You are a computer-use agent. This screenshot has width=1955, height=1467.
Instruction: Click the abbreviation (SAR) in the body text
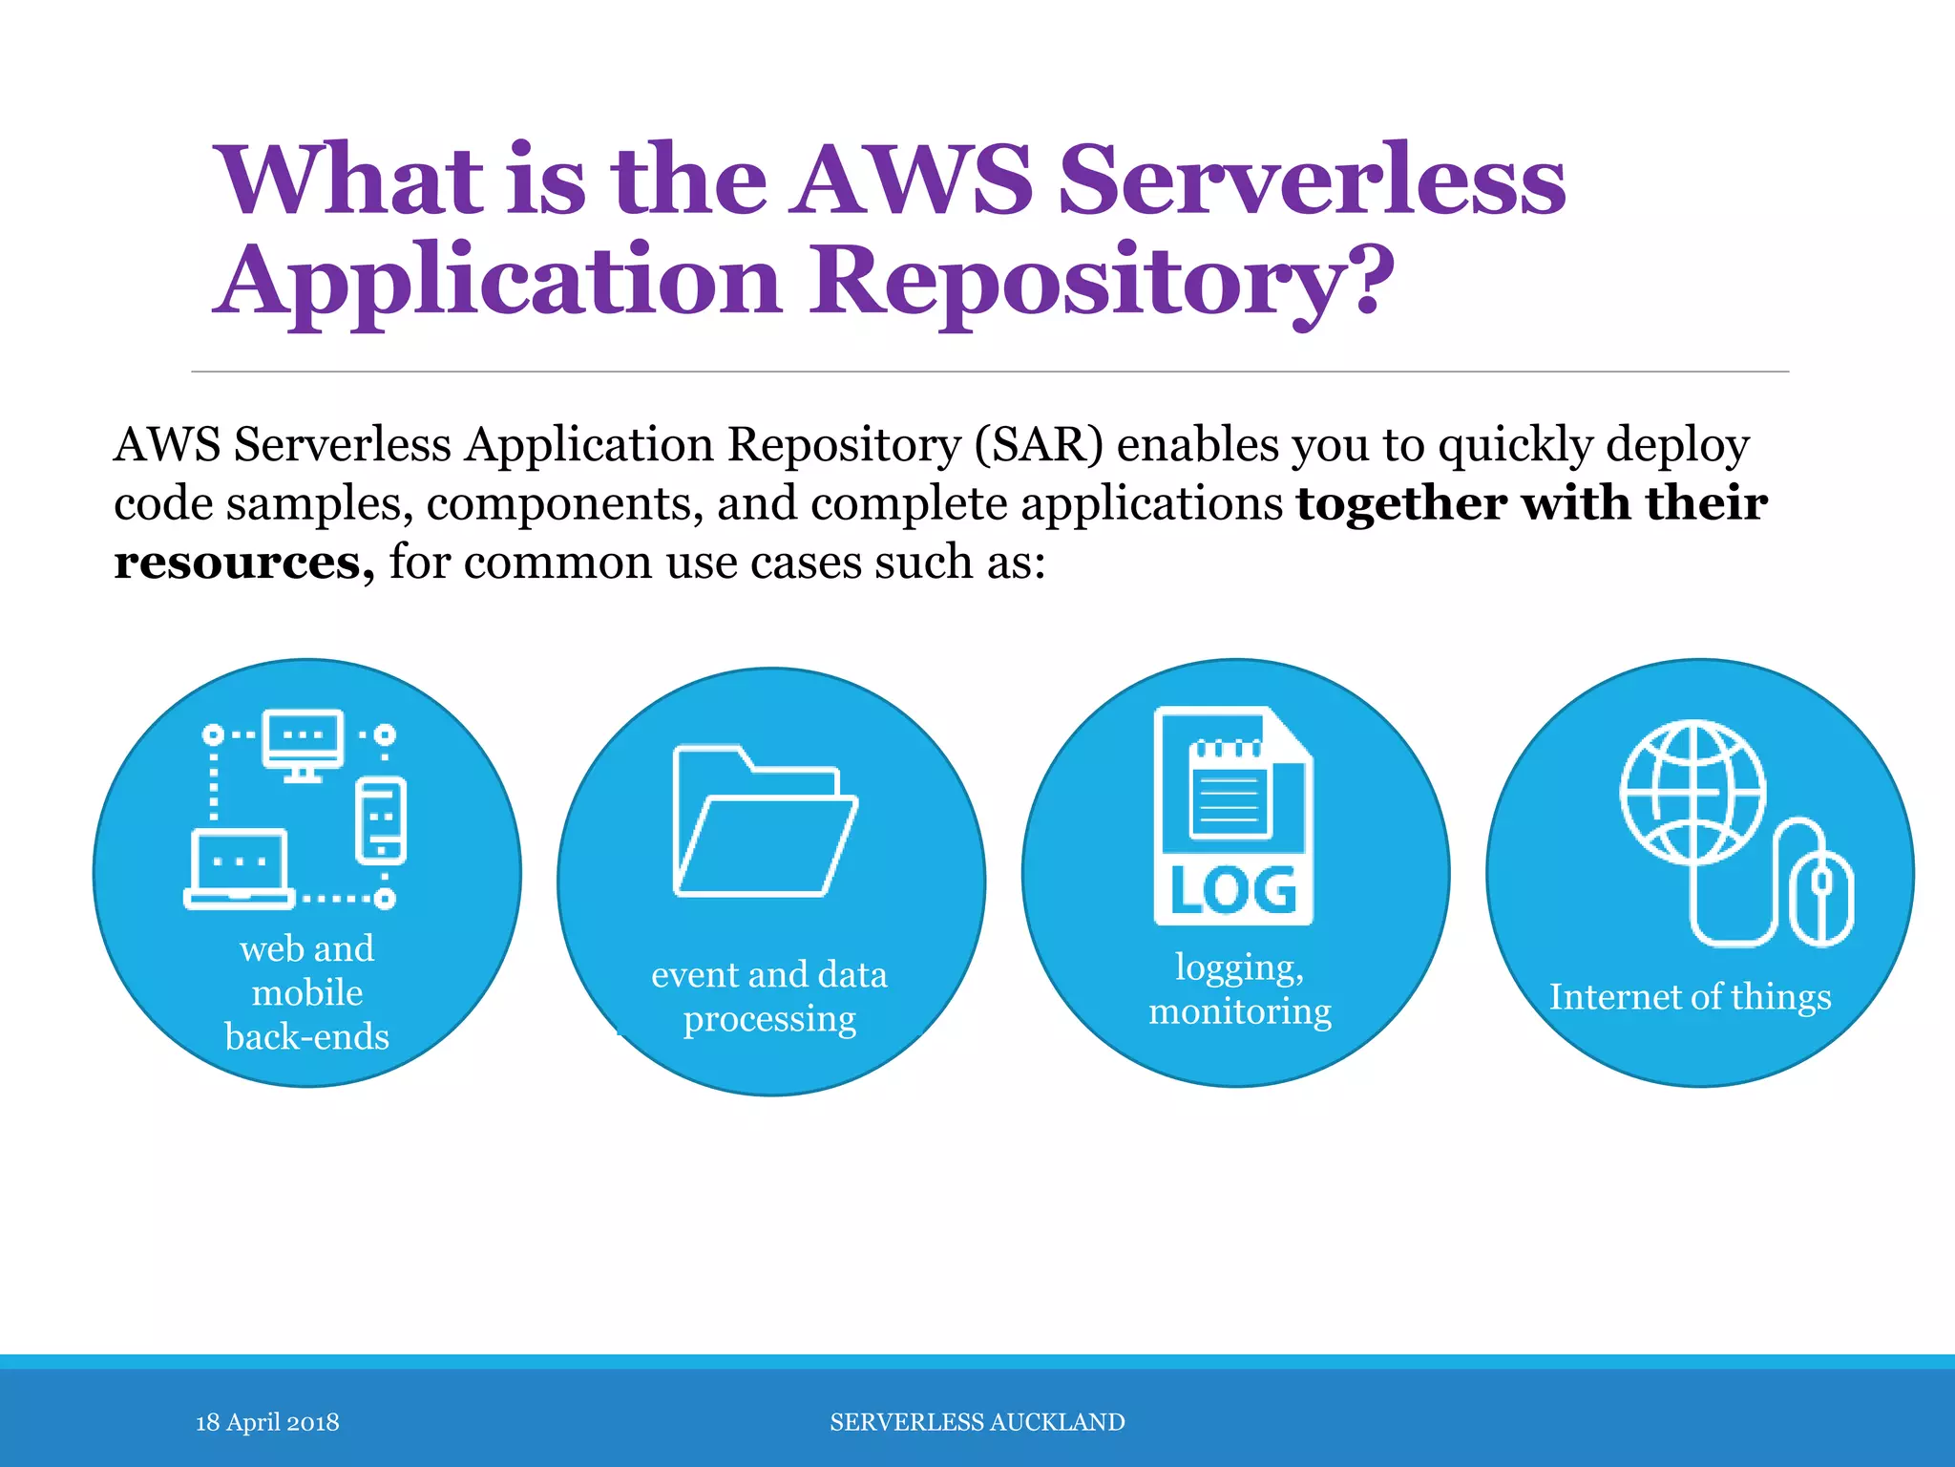pyautogui.click(x=1039, y=444)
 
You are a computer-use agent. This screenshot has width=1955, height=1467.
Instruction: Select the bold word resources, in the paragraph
pyautogui.click(x=243, y=562)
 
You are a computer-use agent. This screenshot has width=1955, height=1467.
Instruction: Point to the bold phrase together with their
pyautogui.click(x=1531, y=503)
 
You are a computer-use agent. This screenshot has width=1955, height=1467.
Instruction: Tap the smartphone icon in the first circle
pyautogui.click(x=381, y=820)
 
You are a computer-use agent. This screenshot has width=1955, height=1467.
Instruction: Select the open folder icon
pyautogui.click(x=765, y=821)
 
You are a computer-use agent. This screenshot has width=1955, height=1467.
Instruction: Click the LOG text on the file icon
pyautogui.click(x=1233, y=890)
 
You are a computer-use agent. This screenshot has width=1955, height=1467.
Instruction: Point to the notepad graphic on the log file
pyautogui.click(x=1230, y=789)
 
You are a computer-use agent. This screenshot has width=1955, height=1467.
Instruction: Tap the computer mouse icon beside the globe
pyautogui.click(x=1820, y=897)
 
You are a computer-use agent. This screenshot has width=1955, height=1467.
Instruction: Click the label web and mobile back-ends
pyautogui.click(x=306, y=992)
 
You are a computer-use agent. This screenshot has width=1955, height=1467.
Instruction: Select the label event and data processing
pyautogui.click(x=769, y=996)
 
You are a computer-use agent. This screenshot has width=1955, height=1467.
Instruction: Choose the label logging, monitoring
pyautogui.click(x=1239, y=989)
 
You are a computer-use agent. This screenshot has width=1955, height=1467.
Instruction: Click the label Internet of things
pyautogui.click(x=1690, y=997)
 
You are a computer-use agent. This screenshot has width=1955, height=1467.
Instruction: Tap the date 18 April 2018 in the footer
pyautogui.click(x=267, y=1422)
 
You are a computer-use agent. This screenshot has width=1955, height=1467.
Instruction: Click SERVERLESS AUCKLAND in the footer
pyautogui.click(x=977, y=1422)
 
